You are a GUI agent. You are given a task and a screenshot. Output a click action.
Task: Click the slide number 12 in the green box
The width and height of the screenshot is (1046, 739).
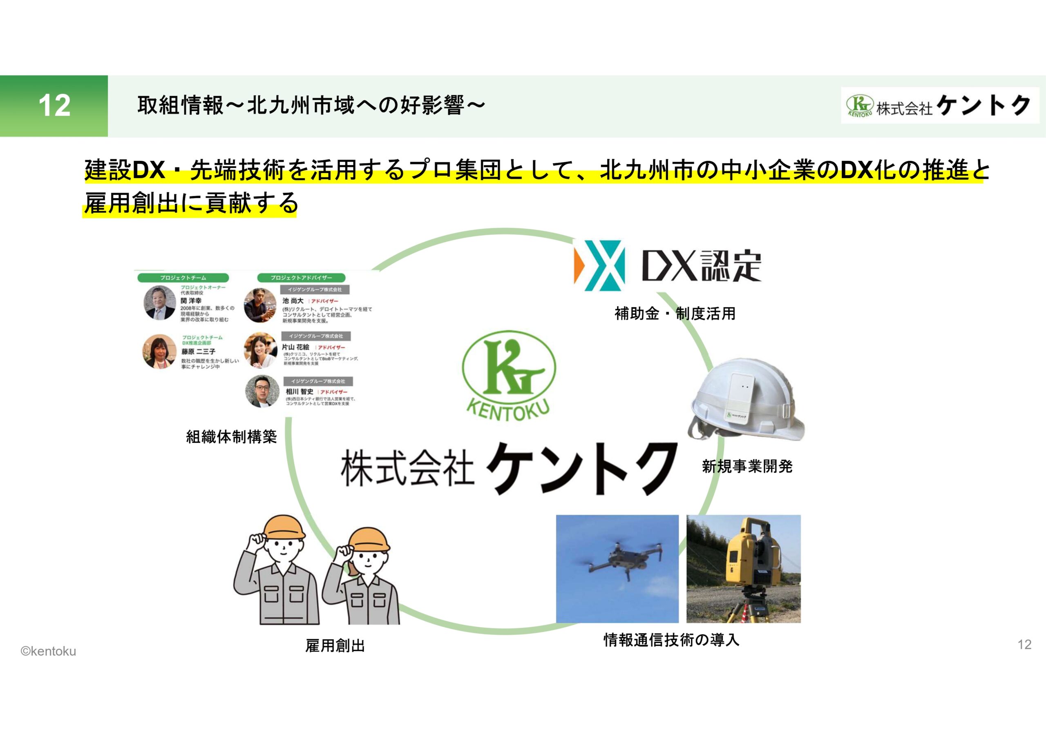54,106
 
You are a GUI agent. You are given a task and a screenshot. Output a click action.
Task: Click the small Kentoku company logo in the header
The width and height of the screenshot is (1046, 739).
939,106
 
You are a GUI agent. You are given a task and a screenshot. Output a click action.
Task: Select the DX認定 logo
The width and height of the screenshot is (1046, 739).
667,265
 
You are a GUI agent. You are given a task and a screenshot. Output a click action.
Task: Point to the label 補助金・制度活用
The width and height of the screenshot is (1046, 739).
675,314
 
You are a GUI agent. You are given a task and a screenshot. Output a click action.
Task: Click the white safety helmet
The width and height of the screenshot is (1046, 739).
747,399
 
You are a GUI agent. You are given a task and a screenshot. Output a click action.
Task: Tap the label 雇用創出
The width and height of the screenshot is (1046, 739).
335,646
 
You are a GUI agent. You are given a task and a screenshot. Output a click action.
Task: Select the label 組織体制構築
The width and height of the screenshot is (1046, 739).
231,437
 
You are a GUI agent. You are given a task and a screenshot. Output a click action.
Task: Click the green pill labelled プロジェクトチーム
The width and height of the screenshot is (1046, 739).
183,278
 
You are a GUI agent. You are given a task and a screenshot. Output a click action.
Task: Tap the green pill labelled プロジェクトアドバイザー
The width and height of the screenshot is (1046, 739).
301,278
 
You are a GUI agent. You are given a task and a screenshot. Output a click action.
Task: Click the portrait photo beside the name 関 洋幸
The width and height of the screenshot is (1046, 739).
159,303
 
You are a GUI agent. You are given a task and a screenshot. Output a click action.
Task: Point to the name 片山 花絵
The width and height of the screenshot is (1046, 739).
295,347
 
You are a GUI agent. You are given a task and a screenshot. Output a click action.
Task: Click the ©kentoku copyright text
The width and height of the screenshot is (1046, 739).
48,652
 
